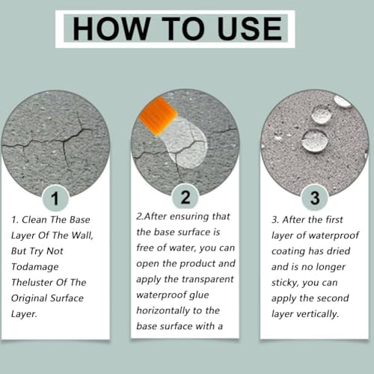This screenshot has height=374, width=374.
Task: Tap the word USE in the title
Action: (x=250, y=28)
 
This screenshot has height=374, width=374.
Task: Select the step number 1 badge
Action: (x=55, y=198)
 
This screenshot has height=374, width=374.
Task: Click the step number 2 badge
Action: (x=186, y=197)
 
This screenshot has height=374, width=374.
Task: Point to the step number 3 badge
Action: (x=315, y=198)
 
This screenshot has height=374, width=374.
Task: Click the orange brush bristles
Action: (x=158, y=117)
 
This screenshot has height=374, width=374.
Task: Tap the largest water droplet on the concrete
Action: (x=315, y=141)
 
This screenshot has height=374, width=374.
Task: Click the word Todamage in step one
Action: (x=35, y=267)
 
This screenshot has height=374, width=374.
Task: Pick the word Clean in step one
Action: (x=35, y=220)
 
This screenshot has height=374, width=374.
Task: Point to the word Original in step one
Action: (x=29, y=298)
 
